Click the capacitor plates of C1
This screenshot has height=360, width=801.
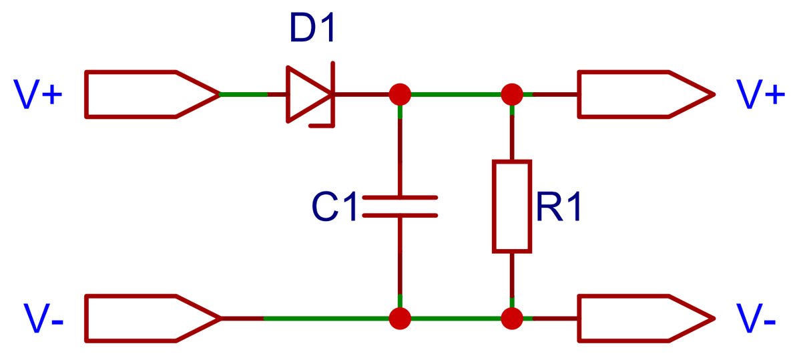pyautogui.click(x=399, y=206)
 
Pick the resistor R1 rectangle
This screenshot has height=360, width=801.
pyautogui.click(x=512, y=206)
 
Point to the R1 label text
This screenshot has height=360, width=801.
pyautogui.click(x=558, y=208)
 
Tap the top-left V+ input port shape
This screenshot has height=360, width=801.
pyautogui.click(x=150, y=94)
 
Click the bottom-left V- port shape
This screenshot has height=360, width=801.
pyautogui.click(x=150, y=319)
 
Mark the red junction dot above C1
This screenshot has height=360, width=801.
pyautogui.click(x=399, y=94)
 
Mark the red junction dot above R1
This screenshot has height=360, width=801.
pyautogui.click(x=512, y=94)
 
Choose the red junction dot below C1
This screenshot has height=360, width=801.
pyautogui.click(x=399, y=319)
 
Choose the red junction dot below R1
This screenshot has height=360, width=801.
pyautogui.click(x=512, y=319)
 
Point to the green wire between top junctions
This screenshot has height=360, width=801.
pyautogui.click(x=455, y=94)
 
